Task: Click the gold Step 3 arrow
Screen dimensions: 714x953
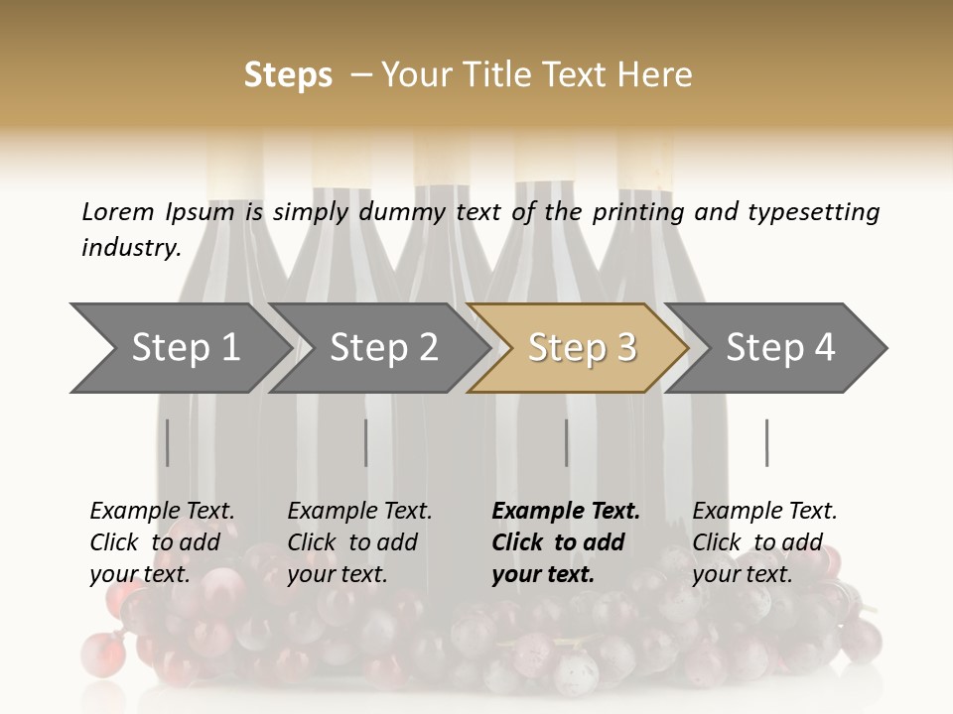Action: pos(581,348)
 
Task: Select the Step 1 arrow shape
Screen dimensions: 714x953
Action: pos(185,348)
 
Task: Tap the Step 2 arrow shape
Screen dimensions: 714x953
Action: pos(383,348)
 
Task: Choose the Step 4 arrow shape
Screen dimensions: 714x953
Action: pos(780,348)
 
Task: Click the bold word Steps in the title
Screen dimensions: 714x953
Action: pos(288,75)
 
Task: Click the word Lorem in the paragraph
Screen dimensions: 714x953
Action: pos(118,211)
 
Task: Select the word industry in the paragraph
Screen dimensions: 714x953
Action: pos(130,247)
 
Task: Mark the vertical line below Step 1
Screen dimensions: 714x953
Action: pos(168,442)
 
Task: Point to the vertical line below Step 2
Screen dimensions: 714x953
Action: pos(366,442)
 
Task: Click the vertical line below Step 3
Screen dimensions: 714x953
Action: pos(567,442)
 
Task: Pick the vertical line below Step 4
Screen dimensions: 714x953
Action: pos(766,442)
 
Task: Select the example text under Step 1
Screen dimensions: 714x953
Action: pos(162,542)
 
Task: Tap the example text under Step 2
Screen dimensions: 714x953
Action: pos(359,542)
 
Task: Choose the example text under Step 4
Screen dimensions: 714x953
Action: pos(764,542)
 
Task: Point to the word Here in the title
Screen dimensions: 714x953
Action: pos(658,75)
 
